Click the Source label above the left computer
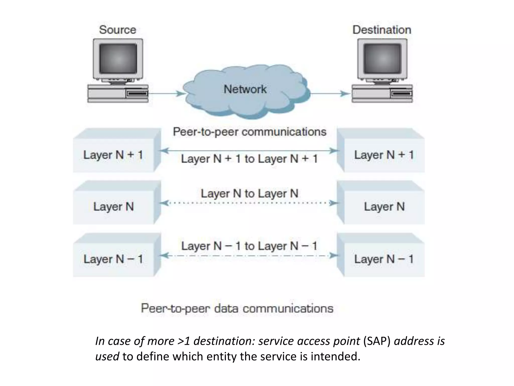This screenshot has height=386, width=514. click(117, 30)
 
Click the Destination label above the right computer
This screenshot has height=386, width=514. click(382, 30)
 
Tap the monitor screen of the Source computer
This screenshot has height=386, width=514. click(118, 58)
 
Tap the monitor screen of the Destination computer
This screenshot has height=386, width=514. click(382, 58)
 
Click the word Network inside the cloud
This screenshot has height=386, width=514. click(245, 89)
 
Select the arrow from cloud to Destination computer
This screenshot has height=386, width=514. click(330, 94)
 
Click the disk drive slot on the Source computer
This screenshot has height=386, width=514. click(137, 94)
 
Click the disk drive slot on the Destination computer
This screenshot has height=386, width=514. click(401, 94)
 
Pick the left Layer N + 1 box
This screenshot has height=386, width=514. click(113, 155)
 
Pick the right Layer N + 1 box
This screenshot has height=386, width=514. click(384, 155)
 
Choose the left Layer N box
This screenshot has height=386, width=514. click(113, 207)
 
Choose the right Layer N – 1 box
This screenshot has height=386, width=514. click(384, 259)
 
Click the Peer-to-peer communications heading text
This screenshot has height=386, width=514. click(249, 132)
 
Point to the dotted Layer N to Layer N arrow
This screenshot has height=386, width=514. click(249, 203)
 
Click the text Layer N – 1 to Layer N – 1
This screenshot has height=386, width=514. click(249, 246)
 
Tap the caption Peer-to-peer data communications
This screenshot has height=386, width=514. click(237, 308)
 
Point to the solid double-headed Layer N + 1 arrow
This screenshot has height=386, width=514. click(249, 151)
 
